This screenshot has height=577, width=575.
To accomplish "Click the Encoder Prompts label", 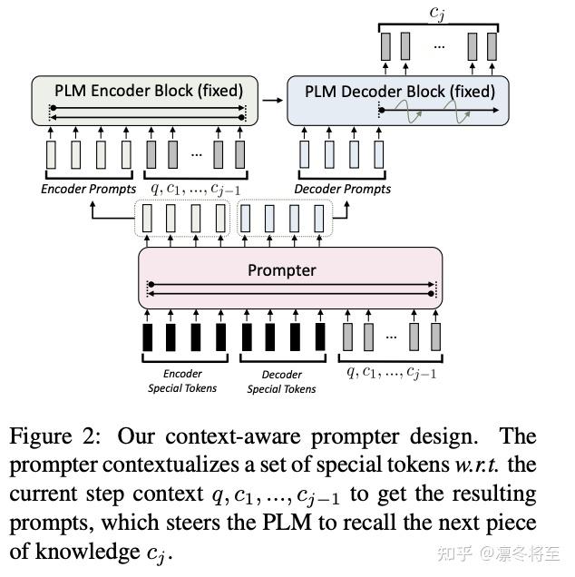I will (x=88, y=189).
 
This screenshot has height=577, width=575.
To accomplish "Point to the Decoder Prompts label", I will (x=343, y=189).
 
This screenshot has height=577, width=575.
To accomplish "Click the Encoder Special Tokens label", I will (x=182, y=381).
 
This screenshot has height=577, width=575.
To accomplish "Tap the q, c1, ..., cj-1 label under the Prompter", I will (x=392, y=372).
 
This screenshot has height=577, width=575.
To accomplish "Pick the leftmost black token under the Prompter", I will (x=148, y=337).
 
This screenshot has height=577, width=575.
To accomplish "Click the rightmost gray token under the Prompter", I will (x=435, y=337).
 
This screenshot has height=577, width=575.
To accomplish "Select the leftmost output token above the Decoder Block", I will (x=386, y=45).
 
